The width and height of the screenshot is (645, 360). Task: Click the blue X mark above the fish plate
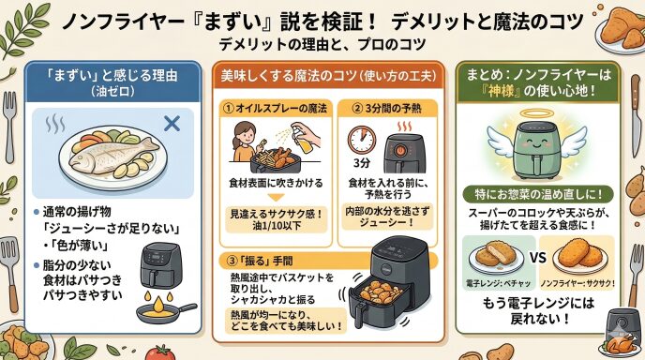point(172,124)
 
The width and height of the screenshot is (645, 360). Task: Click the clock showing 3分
point(362,141)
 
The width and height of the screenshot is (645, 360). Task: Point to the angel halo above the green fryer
point(536,113)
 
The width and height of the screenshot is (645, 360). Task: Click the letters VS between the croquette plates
point(537,258)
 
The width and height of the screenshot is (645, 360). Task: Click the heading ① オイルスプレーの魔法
point(275,109)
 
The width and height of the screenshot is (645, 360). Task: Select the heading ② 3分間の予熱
point(387,109)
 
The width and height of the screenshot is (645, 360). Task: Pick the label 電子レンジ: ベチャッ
point(498,283)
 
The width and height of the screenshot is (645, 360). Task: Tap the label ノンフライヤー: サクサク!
point(577,283)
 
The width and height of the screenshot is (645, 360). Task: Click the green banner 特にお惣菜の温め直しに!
point(538,194)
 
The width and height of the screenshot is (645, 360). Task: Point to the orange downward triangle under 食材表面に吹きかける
point(276,198)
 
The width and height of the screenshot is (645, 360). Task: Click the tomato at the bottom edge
point(159,353)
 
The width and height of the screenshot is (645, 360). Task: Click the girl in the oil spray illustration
point(246,141)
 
